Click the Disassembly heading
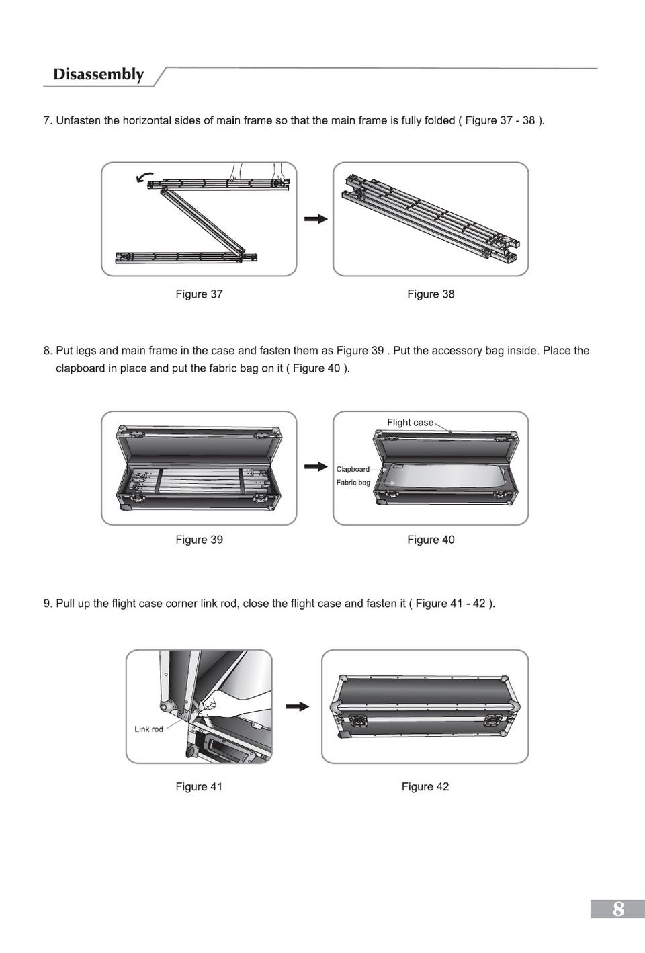point(99,74)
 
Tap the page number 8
point(618,909)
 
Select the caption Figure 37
point(199,294)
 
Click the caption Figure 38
point(431,294)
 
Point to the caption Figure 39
point(199,540)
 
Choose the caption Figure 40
point(431,540)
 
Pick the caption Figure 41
point(199,786)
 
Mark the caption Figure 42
point(425,786)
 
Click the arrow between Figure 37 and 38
point(315,219)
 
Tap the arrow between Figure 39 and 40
point(315,466)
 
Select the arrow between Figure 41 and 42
point(298,706)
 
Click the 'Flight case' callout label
point(410,423)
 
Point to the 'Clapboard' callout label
point(353,469)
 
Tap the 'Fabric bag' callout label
point(353,483)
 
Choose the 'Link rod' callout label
point(148,729)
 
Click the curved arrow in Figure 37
point(142,177)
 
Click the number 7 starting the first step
point(46,121)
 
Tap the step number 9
point(46,604)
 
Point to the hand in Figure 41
point(222,706)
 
